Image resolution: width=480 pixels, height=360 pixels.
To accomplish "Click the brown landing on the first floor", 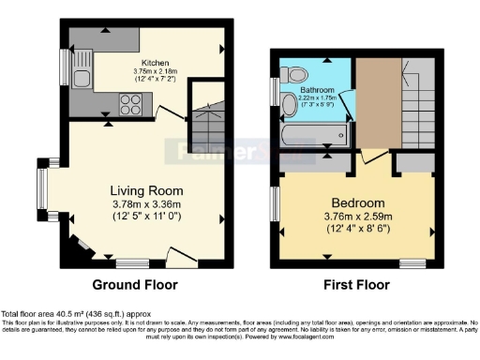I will (x=372, y=103).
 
